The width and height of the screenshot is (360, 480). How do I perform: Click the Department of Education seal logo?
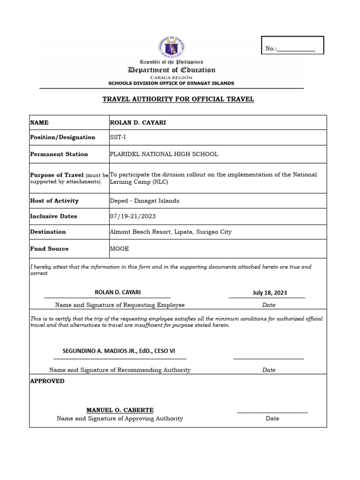[x=172, y=48]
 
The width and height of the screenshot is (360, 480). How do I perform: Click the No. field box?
[x=292, y=45]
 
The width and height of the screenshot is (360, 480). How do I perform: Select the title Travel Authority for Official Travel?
[x=178, y=99]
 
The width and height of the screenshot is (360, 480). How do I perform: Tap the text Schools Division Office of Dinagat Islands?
[x=171, y=83]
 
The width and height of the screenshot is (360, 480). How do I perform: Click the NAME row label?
[x=39, y=122]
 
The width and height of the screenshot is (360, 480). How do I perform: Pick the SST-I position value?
[x=118, y=137]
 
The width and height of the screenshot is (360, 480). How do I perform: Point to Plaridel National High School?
[x=164, y=154]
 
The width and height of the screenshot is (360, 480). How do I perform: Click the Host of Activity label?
[x=54, y=201]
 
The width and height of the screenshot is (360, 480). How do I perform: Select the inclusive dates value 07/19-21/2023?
[x=133, y=216]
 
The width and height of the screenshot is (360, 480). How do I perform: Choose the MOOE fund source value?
[x=119, y=248]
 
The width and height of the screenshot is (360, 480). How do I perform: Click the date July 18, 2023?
[x=270, y=292]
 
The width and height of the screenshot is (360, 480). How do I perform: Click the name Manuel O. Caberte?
[x=120, y=410]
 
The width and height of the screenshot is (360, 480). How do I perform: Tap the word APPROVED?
[x=47, y=381]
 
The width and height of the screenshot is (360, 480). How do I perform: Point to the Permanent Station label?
[x=59, y=154]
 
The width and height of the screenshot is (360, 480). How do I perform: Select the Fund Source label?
[x=49, y=248]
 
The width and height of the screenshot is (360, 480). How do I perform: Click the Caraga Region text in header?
[x=172, y=77]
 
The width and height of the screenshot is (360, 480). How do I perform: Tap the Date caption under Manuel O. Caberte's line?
[x=272, y=418]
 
